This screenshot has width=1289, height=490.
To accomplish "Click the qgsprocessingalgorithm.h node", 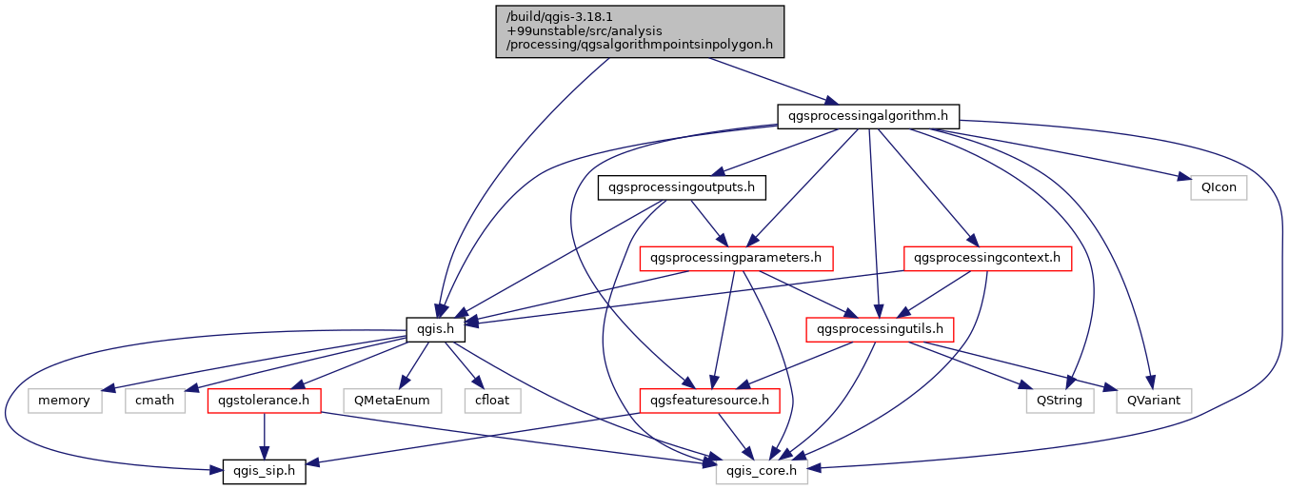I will point(867,116).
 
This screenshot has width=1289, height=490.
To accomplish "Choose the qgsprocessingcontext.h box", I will point(986,258).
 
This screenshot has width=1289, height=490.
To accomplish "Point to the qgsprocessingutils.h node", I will point(880,329).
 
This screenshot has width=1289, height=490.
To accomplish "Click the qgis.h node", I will point(435,329).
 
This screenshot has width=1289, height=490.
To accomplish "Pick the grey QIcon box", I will point(1219,187).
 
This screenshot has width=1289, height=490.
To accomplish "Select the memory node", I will point(64,401).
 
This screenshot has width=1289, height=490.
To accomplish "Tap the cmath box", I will point(154,401).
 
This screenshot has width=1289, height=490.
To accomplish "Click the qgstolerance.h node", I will point(264,401).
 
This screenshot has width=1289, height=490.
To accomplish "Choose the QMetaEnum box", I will point(393,401).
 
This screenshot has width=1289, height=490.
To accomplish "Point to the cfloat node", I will point(492,401).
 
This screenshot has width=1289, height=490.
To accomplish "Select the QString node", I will point(1060,401).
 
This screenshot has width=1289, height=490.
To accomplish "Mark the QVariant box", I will point(1155,401).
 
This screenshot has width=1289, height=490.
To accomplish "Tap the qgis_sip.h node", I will point(264,471).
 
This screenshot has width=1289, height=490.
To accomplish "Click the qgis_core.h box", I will point(762,471).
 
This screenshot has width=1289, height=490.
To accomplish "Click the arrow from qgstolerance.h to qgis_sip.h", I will point(264,436).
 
